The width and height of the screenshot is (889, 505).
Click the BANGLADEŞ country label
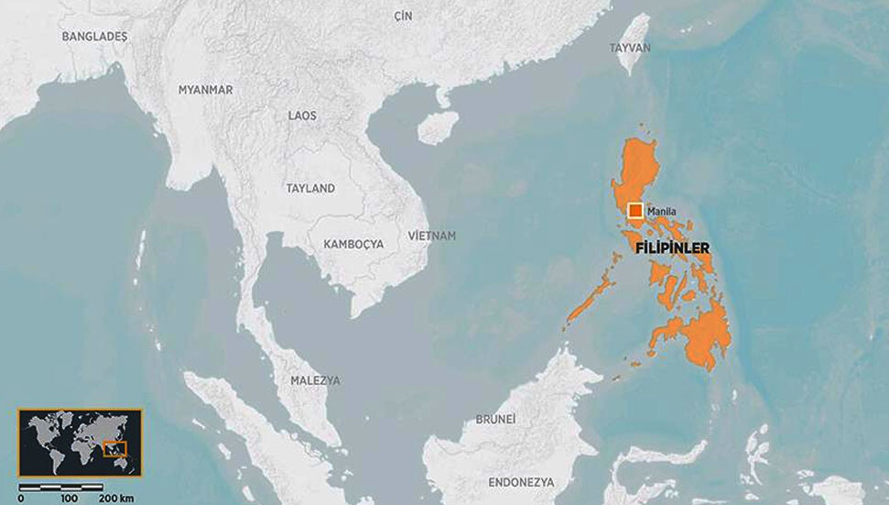(x=95, y=37)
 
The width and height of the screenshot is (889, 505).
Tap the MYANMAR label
(x=206, y=90)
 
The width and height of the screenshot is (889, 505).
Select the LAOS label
(x=302, y=115)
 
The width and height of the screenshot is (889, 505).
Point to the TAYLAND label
(x=310, y=188)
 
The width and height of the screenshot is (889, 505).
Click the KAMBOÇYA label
(x=353, y=244)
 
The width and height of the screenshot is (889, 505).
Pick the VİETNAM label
(x=432, y=236)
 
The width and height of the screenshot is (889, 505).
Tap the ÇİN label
(x=404, y=16)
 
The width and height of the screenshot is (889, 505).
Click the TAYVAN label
(x=630, y=48)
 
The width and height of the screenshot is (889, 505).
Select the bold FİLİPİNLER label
(x=672, y=247)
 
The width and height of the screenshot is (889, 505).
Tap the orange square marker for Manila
(x=635, y=211)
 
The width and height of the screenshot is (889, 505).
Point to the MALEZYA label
(x=315, y=379)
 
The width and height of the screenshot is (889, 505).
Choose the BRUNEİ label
(x=496, y=419)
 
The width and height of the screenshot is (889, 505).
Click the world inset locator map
(x=81, y=442)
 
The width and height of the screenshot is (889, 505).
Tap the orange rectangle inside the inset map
(x=115, y=449)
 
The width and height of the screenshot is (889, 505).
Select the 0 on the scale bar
(x=21, y=498)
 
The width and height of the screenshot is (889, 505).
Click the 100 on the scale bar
(x=69, y=498)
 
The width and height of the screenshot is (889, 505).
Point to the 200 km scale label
(x=118, y=498)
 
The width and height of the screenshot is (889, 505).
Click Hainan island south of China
(x=438, y=127)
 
